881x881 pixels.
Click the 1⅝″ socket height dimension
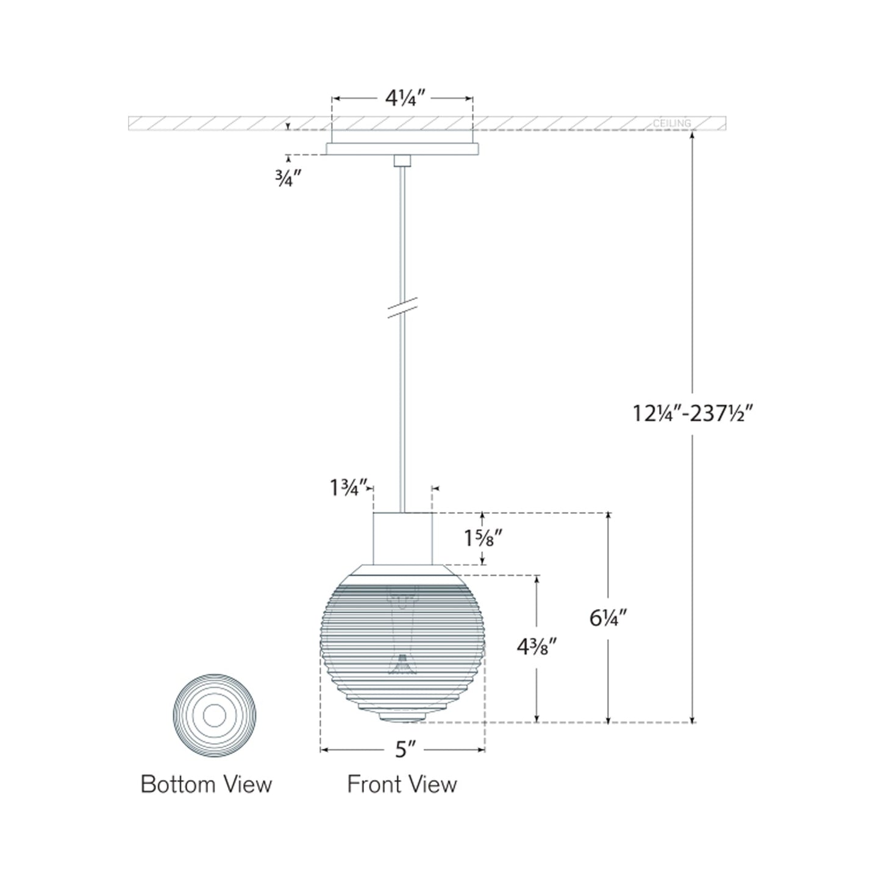[x=483, y=539]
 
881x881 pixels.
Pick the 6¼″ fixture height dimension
[x=608, y=619]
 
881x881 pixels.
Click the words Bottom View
[x=206, y=784]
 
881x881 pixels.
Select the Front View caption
[x=402, y=784]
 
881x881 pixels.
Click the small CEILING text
[x=672, y=123]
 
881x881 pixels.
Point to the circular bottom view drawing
[x=215, y=715]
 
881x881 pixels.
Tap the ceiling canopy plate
[x=402, y=149]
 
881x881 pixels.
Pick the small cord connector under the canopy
[x=402, y=160]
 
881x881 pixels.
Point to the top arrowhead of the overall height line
[x=693, y=135]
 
